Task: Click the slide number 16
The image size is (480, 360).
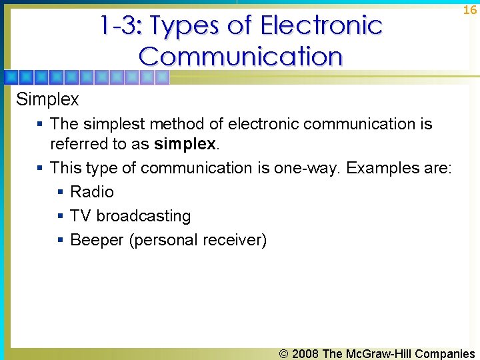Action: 470,10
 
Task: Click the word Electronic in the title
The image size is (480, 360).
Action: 321,26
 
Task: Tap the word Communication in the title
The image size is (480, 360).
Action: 241,56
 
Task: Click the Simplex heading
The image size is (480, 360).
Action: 47,99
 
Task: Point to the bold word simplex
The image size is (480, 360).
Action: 185,143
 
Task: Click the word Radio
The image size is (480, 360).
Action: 92,192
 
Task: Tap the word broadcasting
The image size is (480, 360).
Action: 143,216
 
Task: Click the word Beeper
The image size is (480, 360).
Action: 97,240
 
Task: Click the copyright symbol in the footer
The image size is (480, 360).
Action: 285,354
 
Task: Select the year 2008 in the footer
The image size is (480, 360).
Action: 305,354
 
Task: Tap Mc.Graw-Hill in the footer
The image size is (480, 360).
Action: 378,354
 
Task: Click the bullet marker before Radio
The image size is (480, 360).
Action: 60,192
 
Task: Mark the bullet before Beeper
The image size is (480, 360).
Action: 60,240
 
